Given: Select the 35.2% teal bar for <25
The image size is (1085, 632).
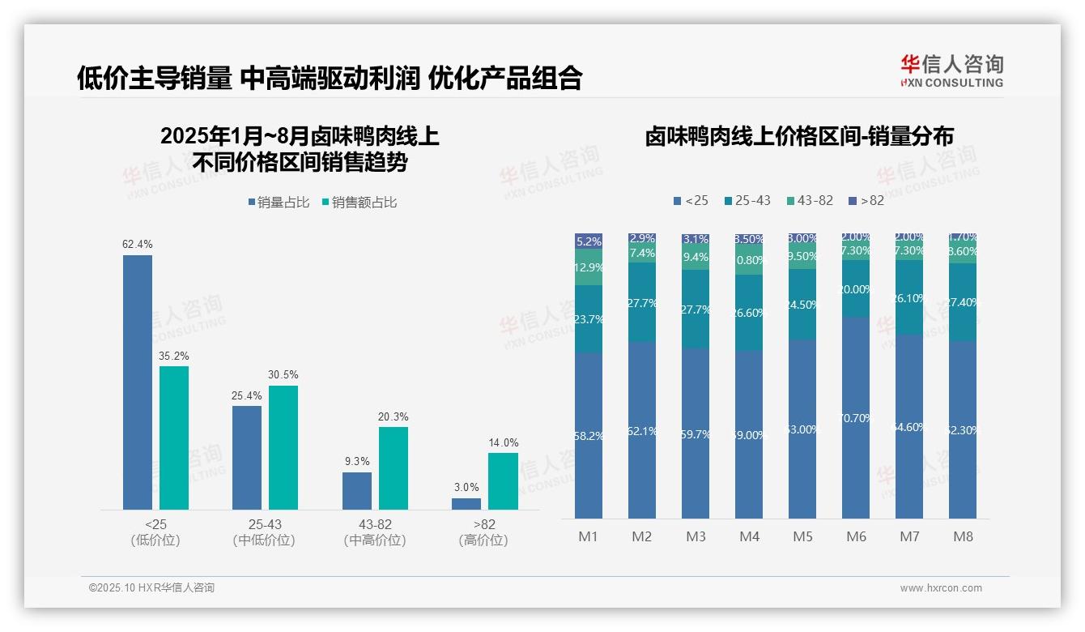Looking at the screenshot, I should point(174,438).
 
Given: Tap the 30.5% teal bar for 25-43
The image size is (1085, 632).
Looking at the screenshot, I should point(283,447).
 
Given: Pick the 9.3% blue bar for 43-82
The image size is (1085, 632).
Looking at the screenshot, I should point(357,491).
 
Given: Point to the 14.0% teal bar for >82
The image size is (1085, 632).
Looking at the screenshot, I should point(503,481).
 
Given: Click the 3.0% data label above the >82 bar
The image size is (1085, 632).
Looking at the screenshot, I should point(466,488).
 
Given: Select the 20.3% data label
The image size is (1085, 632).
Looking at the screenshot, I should point(394,416).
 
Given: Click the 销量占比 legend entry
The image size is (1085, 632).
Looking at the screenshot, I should point(279,203).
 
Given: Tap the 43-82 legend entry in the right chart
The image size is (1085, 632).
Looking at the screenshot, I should point(809,200).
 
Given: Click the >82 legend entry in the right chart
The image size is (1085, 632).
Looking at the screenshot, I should point(866,200).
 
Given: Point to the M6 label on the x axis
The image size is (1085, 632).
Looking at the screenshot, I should point(856,536).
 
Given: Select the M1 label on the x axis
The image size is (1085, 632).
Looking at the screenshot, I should point(588,536).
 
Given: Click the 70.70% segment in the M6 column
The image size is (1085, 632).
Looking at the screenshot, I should point(856,417).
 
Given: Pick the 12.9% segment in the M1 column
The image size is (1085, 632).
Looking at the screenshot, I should point(589,267).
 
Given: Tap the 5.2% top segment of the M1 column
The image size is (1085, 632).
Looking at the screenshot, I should point(589,241).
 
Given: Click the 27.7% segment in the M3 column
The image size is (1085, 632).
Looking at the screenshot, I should point(696,309).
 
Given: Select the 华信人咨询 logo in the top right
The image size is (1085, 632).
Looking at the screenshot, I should point(951,70).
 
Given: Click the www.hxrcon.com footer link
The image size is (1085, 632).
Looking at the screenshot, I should point(941,588).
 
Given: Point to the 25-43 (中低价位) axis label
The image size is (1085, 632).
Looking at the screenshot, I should point(264,532).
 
